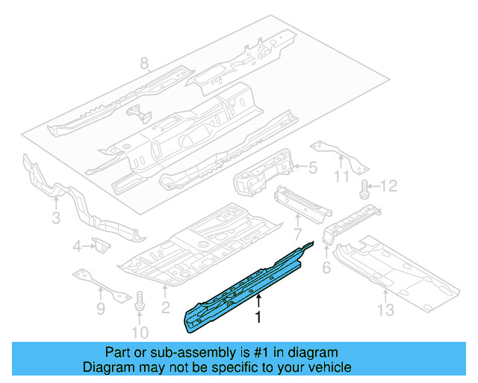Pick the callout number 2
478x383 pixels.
point(166,306)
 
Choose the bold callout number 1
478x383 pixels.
point(258,319)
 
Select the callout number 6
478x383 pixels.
point(326,267)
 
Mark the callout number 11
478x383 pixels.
point(341,177)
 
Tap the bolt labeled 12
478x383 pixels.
point(366,188)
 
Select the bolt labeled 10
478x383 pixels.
point(138,304)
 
